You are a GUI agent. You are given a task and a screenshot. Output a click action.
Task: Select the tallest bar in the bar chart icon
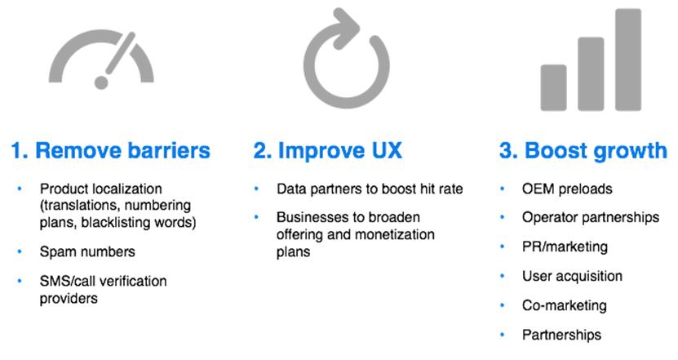[628, 60]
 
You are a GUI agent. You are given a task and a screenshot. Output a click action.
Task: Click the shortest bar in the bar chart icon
[553, 88]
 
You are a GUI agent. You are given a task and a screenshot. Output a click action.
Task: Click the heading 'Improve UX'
[340, 150]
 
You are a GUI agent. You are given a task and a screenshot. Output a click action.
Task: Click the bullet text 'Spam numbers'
[87, 251]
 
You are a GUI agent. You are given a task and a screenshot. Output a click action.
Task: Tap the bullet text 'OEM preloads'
[567, 189]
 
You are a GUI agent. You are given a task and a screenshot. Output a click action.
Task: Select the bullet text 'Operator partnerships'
[591, 217]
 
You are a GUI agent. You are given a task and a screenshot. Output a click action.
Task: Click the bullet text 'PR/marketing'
[565, 247]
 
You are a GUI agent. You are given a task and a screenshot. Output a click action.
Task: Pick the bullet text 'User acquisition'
[572, 276]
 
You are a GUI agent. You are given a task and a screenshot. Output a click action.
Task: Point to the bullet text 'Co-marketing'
[565, 305]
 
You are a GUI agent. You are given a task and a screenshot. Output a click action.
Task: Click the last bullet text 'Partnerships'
[561, 335]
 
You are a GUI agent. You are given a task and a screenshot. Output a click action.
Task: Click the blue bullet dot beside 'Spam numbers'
[20, 251]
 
